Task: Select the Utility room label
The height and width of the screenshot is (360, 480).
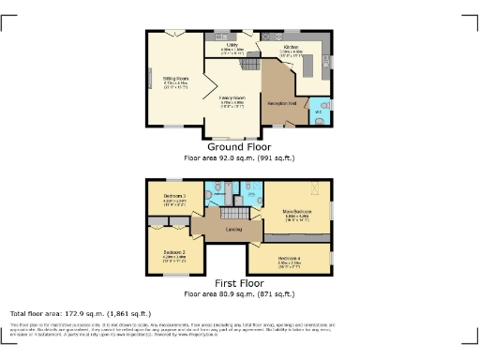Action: [232, 44]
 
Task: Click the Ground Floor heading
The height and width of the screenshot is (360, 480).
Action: [240, 147]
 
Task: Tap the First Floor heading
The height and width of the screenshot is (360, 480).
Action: [240, 282]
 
